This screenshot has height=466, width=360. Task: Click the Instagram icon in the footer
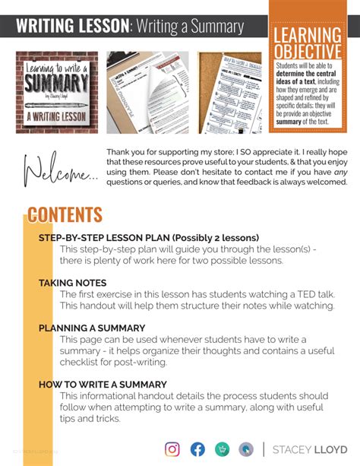click(172, 449)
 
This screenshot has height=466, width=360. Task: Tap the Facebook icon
click(197, 449)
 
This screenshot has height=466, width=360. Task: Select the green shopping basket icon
click(222, 449)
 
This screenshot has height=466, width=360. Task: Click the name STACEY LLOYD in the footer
click(311, 449)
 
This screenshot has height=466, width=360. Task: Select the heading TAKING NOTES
click(72, 283)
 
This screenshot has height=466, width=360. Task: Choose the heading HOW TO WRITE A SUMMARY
click(103, 385)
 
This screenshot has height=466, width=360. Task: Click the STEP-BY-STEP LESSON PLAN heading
click(148, 238)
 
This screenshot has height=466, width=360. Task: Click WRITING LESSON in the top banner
click(72, 27)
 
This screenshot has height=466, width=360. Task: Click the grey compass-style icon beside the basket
click(246, 449)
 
